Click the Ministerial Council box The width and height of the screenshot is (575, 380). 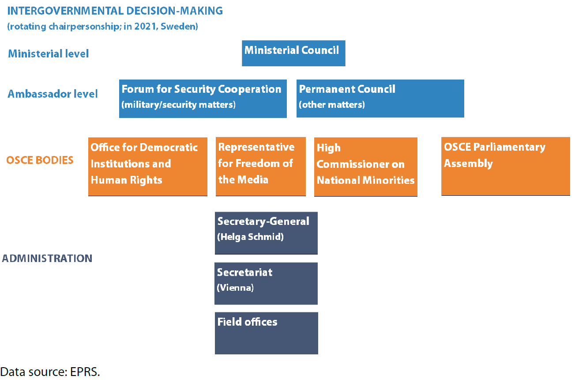point(293,53)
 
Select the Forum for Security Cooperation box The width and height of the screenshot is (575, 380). point(203,99)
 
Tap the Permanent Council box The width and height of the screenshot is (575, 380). point(380,99)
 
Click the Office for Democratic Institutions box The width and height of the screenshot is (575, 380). point(147,166)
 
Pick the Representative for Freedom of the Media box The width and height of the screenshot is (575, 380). point(260,166)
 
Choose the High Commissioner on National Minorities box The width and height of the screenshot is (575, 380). point(365,166)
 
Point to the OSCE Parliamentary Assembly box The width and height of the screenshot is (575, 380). point(505,166)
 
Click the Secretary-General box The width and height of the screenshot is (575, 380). point(266,233)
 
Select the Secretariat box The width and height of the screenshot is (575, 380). point(266,283)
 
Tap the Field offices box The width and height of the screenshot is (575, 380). point(266,333)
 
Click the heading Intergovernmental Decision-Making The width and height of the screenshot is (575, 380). point(115,11)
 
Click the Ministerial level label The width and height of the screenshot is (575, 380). point(49,54)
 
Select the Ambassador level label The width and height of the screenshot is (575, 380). point(53,94)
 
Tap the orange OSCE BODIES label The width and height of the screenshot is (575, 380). point(40,160)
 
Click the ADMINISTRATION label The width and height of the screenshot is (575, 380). point(47,258)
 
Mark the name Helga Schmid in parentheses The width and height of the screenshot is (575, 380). point(250,237)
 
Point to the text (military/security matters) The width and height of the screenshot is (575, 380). point(179,105)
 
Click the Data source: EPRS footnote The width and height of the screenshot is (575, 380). point(50,372)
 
